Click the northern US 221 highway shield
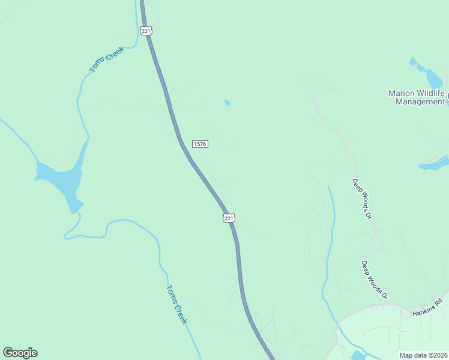pos(146,31)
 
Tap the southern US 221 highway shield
pos(229,218)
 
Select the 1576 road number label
pos(200,144)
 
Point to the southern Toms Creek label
pos(176,304)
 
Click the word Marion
pos(402,93)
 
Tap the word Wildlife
pos(432,93)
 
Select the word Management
pos(420,101)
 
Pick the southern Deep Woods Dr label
pos(375,280)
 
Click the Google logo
pos(20,353)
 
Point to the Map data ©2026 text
pos(423,355)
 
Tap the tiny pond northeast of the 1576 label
pos(227,103)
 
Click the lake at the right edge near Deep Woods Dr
pos(436,164)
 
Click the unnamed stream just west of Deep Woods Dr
pos(330,240)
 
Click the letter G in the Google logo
pos(8,353)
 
